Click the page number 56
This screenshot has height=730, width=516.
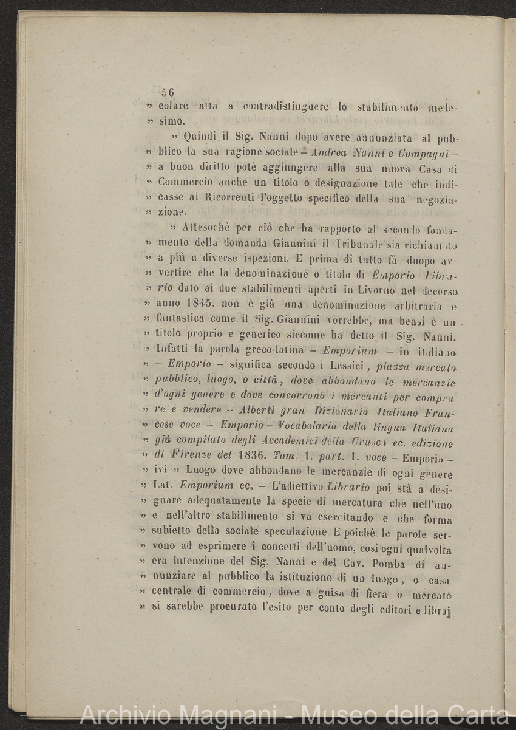[x=168, y=92]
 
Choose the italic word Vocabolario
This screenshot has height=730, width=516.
[x=311, y=426]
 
